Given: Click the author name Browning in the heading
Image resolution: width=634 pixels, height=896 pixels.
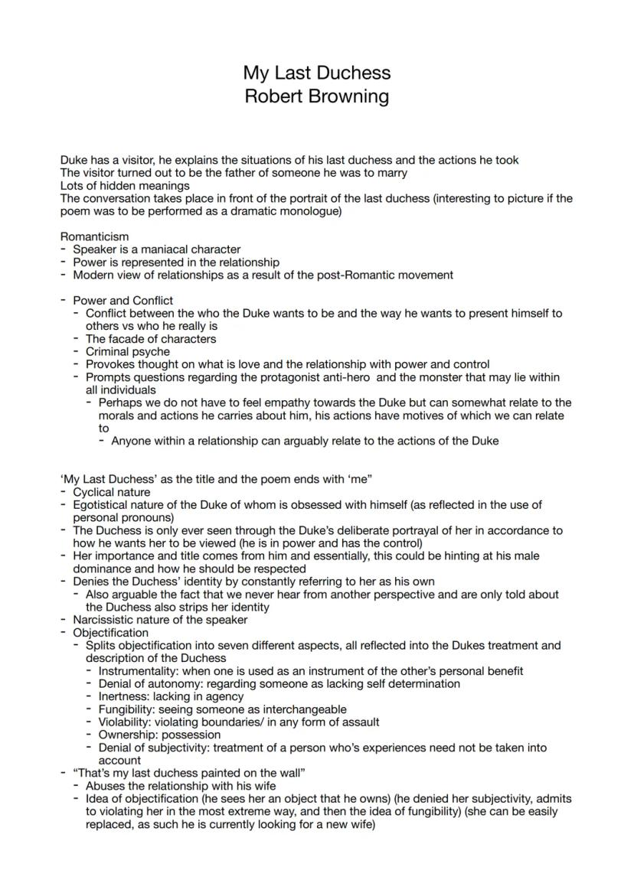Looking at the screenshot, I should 349,97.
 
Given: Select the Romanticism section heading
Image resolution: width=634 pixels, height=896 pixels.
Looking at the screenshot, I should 94,236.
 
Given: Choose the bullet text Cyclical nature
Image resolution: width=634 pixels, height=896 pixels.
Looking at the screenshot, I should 112,492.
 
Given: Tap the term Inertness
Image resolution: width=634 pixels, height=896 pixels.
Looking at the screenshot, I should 123,696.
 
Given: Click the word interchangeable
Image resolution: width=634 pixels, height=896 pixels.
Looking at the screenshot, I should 297,709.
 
